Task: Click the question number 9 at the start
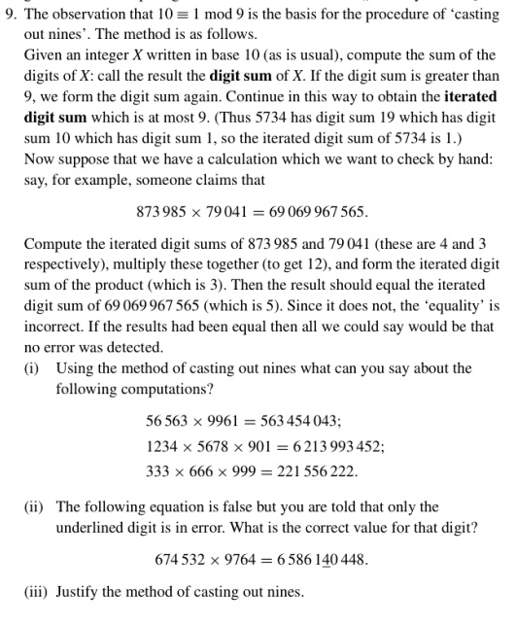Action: click(x=12, y=13)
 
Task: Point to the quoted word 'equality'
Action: click(x=453, y=304)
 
